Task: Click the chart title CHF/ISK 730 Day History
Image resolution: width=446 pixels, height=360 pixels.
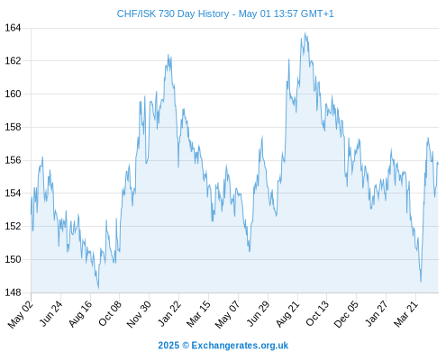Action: coord(173,13)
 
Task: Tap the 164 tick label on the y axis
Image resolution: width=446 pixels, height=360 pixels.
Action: coord(13,28)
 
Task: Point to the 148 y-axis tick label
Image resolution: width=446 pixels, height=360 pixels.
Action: coord(13,292)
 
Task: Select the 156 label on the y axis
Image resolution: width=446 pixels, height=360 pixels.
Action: coord(13,160)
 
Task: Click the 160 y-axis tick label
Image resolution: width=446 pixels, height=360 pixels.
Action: coord(13,94)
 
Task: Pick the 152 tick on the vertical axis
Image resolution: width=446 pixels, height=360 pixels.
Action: coord(13,226)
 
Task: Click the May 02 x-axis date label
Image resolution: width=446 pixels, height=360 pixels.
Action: coord(20,314)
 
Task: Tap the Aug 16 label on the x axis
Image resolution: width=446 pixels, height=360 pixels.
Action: coord(80,313)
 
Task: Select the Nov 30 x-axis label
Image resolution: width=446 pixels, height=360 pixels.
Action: coord(139,314)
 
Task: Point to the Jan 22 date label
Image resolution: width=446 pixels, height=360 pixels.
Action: coord(169,313)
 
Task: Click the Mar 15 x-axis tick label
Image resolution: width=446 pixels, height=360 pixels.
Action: coord(198,313)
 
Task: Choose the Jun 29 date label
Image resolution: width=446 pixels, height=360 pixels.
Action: coord(259,313)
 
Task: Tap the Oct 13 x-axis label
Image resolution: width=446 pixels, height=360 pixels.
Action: coord(317,313)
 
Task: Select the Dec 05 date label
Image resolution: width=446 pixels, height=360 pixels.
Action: coord(346,314)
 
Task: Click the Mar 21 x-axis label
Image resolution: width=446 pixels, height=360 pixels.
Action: coord(406,313)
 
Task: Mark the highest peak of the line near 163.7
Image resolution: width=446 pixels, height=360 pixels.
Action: coord(305,33)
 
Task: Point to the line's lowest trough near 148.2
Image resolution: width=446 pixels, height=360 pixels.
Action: coord(98,288)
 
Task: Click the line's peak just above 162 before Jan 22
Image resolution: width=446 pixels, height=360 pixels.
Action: coord(168,55)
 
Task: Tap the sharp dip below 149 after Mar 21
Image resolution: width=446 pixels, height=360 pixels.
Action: coord(421,281)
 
